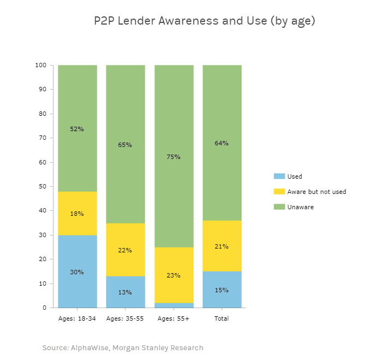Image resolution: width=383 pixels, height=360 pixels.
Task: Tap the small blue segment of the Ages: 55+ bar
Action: point(174,305)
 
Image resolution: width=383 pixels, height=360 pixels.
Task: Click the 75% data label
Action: point(174,157)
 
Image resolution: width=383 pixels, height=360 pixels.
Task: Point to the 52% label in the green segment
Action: point(77,129)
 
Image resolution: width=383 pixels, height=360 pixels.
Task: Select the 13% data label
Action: point(125,292)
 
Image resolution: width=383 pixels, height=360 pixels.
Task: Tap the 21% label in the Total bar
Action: point(222,246)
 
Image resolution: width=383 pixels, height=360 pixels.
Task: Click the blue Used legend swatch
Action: point(279,176)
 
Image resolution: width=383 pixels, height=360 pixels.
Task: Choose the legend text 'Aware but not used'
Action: point(316,192)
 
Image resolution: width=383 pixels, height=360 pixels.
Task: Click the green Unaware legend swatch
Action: point(279,207)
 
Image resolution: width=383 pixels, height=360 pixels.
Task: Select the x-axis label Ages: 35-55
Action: point(125,318)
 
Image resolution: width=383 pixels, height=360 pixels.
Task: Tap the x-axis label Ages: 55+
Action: point(174,318)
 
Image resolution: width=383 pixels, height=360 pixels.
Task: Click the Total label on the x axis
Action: point(222,318)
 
